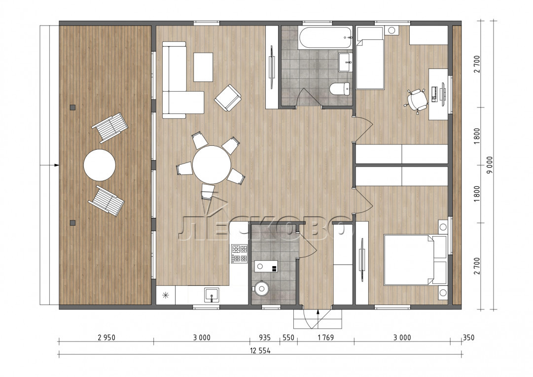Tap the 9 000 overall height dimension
click(490, 165)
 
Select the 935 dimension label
click(265, 338)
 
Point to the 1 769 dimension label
click(325, 338)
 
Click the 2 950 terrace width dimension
click(107, 338)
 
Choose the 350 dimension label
click(468, 338)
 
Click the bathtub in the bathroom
click(326, 37)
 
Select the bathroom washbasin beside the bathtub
click(346, 62)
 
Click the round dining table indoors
click(212, 165)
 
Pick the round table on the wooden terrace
click(100, 165)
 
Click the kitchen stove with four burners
click(240, 254)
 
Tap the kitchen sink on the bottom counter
click(212, 295)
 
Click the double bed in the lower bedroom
click(415, 260)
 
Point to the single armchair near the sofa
click(228, 98)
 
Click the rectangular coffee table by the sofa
click(203, 67)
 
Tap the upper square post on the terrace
click(72, 107)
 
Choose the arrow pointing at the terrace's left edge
click(50, 165)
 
